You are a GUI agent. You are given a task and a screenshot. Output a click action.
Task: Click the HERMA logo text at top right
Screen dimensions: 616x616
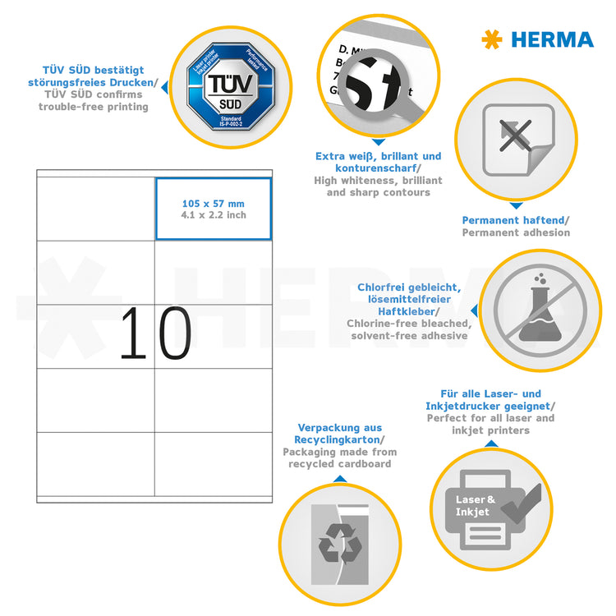point(551,39)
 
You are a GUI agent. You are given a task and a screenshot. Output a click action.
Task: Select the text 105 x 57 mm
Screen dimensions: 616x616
point(214,204)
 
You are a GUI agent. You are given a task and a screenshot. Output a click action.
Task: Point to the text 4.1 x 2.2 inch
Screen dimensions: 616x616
point(214,215)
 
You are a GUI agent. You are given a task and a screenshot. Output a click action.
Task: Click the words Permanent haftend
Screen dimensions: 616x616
point(514,220)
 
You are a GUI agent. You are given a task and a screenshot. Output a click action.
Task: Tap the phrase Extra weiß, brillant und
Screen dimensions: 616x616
point(378,156)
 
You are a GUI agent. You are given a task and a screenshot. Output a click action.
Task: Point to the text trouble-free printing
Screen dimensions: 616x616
point(93,107)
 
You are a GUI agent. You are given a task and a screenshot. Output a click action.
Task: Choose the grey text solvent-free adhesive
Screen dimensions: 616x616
point(409,336)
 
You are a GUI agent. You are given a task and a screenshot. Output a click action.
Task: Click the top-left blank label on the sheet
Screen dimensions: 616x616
point(95,209)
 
